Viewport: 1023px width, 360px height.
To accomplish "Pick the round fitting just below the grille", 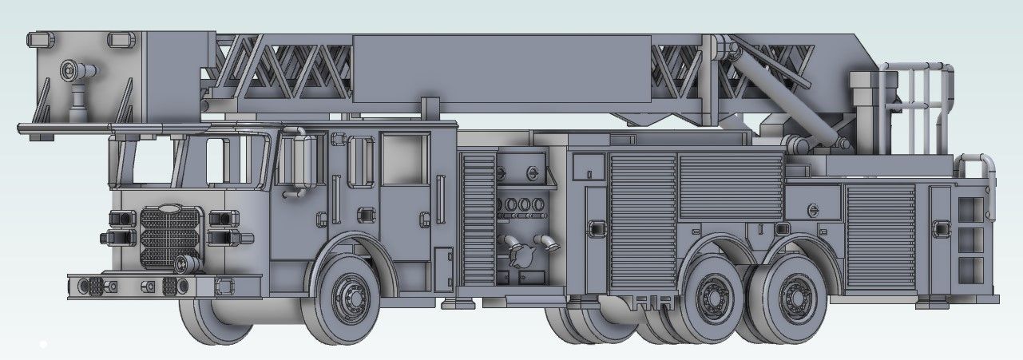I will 185,263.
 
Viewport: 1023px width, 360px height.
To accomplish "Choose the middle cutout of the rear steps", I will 970,237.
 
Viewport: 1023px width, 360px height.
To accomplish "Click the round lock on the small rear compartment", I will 812,210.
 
